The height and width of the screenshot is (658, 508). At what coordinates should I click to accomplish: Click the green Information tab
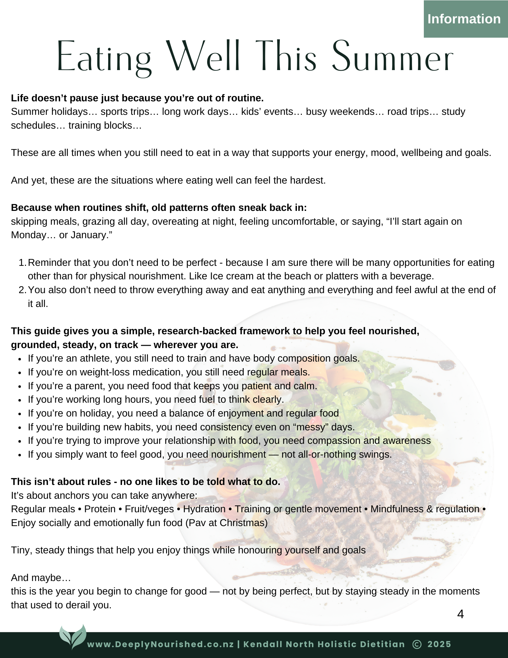(x=464, y=19)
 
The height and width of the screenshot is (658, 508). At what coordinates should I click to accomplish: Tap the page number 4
(x=460, y=614)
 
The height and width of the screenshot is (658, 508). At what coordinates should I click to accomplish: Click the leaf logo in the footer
(x=73, y=637)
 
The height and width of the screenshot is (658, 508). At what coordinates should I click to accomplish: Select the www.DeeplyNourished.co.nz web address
(x=160, y=644)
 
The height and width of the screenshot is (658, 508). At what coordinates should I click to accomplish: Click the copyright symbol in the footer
(x=417, y=644)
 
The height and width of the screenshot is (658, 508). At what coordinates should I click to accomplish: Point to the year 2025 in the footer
(x=439, y=644)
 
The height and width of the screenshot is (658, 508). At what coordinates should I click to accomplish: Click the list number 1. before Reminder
(x=22, y=263)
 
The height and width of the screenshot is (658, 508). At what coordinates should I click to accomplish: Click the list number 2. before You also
(x=22, y=290)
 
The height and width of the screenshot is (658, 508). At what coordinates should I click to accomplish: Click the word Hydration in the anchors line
(x=204, y=509)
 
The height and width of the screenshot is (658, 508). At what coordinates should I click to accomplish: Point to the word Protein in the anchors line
(x=100, y=509)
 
